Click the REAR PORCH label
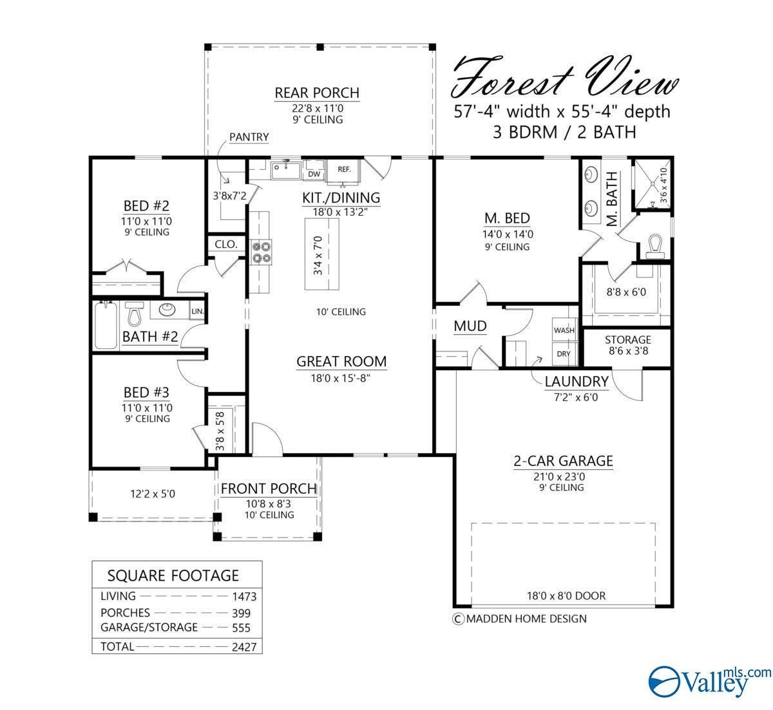tap(317, 93)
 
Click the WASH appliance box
tap(564, 330)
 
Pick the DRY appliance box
tap(564, 353)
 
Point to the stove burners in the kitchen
tap(261, 251)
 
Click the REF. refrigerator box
tap(344, 170)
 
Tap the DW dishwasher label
tap(314, 174)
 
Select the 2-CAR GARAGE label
tap(562, 461)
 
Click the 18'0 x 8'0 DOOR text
tap(566, 595)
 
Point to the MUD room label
tap(470, 326)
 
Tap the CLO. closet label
tap(226, 245)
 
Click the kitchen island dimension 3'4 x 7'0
tap(318, 256)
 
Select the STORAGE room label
tap(627, 339)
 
